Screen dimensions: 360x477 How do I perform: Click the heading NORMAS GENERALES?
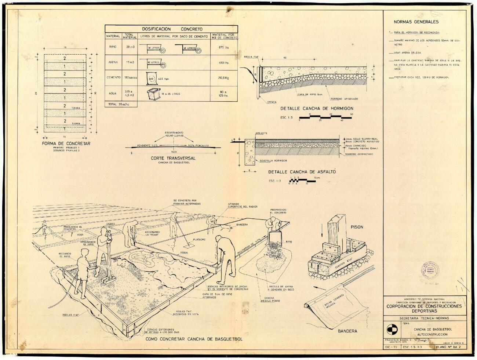(416, 22)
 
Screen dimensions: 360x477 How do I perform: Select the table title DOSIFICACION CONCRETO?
(172, 29)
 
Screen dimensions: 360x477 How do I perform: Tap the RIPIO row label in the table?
(113, 47)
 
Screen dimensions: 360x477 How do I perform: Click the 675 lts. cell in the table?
(224, 47)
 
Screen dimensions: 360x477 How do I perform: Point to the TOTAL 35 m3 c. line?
(121, 104)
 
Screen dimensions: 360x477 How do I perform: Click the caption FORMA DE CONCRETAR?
(66, 143)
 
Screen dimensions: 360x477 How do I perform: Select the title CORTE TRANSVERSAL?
(173, 158)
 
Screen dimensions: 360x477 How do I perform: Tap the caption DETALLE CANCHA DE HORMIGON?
(317, 109)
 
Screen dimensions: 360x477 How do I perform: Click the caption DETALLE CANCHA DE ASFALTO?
(302, 172)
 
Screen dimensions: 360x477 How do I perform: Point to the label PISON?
(357, 227)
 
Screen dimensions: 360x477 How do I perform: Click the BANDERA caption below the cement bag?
(347, 331)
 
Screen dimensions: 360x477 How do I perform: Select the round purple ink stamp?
(430, 270)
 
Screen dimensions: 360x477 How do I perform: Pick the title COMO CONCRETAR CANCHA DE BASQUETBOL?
(194, 339)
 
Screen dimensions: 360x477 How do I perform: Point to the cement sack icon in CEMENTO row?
(151, 78)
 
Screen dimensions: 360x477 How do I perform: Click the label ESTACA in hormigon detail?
(272, 102)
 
